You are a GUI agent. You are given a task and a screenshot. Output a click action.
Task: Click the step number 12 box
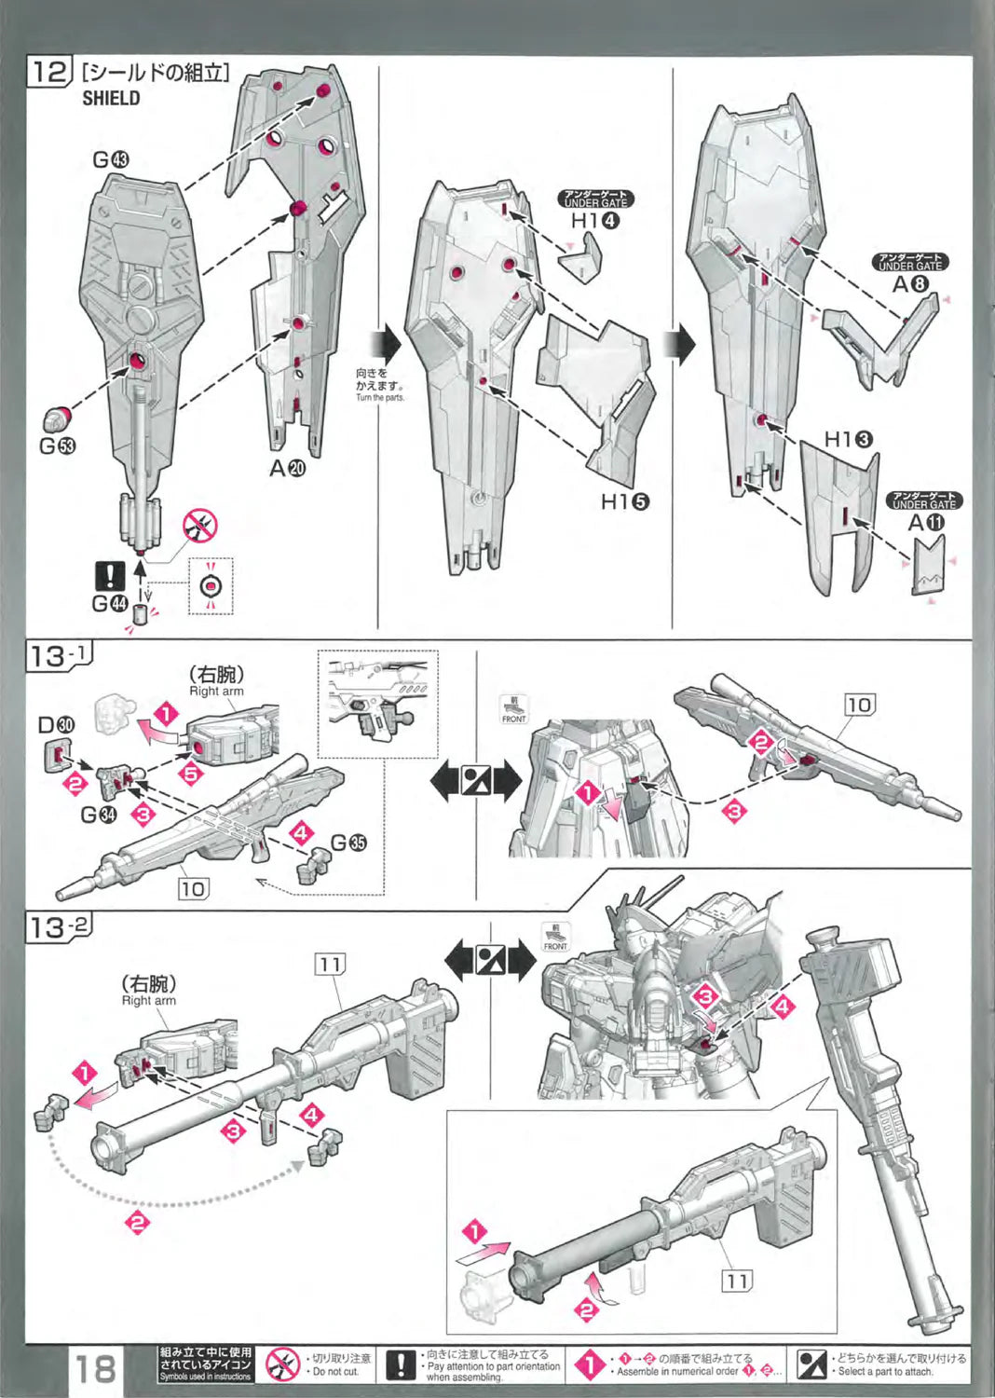50,72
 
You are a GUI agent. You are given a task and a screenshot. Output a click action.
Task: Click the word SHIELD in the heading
111,98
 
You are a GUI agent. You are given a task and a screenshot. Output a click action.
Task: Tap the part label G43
111,159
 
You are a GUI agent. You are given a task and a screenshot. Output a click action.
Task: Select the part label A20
287,468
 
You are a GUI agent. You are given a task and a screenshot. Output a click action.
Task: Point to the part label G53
58,445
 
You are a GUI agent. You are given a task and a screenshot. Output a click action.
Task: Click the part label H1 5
624,501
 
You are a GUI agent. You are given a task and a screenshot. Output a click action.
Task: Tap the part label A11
926,523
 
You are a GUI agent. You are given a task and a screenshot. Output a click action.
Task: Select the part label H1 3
848,438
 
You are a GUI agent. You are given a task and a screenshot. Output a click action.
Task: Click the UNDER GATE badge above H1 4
595,199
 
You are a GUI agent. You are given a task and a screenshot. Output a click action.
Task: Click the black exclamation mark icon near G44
110,575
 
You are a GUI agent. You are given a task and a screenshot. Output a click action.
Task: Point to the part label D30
56,724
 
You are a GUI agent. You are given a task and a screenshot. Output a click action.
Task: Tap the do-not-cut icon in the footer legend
281,1364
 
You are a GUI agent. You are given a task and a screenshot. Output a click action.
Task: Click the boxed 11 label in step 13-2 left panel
330,964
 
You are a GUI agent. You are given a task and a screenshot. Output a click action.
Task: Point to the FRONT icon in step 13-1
513,709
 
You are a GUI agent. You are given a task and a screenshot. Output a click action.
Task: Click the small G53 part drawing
58,416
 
